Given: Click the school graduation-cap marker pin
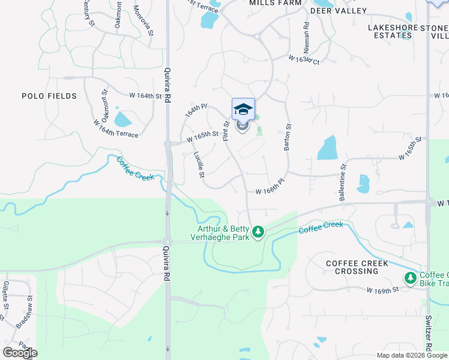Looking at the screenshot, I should [243, 109].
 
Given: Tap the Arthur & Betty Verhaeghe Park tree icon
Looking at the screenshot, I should [258, 231].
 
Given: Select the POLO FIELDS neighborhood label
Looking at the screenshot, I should [49, 96].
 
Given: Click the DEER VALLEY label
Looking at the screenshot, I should [339, 11].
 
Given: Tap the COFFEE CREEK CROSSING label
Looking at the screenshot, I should [357, 268].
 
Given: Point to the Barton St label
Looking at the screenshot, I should [288, 137].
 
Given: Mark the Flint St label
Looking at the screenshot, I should [226, 131].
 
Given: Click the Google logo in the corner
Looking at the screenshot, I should [20, 353].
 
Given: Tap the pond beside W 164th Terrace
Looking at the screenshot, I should [122, 119].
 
